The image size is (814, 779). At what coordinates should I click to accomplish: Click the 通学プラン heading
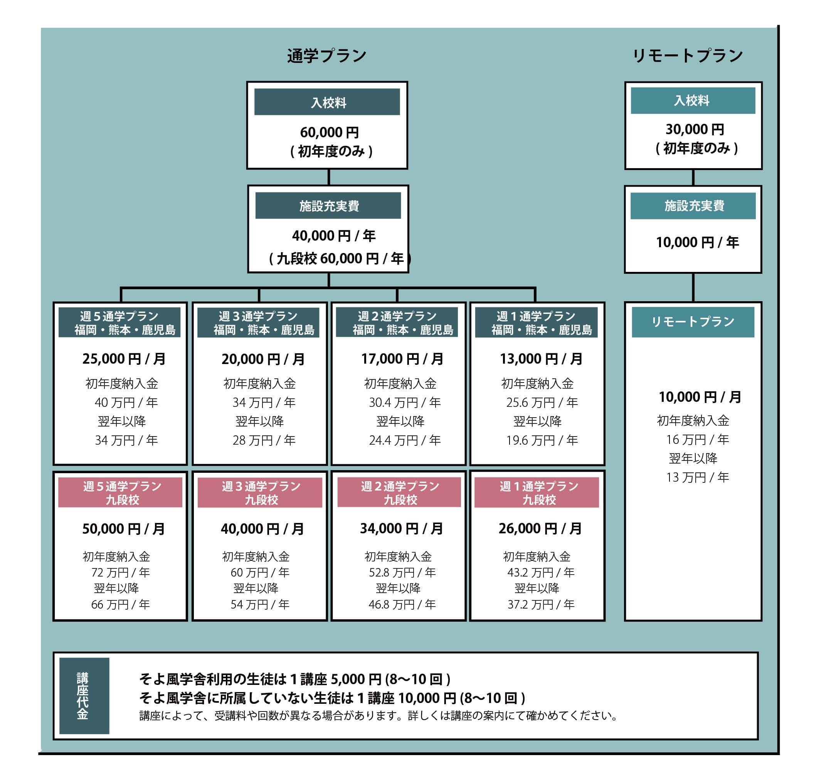coord(327,56)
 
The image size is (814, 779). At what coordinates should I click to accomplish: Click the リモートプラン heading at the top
coord(688,56)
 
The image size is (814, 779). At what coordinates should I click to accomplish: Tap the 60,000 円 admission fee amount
coord(330,132)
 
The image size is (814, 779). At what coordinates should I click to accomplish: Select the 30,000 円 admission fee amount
coord(695,130)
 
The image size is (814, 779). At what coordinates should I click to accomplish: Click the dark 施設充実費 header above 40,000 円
coord(328,206)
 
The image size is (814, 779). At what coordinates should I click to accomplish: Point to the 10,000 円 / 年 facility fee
coord(697,242)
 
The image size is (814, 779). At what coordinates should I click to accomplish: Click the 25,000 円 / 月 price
coord(124,359)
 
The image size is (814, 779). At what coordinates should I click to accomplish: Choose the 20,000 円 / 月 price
coord(263,359)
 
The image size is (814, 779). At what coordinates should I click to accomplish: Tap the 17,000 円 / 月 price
coord(402,359)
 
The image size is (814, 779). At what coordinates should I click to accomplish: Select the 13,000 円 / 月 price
coord(540,359)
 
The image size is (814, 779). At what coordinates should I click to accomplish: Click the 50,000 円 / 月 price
coord(123,529)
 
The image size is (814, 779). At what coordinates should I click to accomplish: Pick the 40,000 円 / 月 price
coord(262,529)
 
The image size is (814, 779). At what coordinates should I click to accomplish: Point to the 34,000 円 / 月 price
coord(401,528)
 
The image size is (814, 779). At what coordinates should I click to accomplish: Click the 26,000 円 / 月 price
coord(540,528)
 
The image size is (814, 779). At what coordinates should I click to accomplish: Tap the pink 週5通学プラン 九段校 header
coord(120,492)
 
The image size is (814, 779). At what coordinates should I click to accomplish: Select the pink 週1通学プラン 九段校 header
coord(537,492)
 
